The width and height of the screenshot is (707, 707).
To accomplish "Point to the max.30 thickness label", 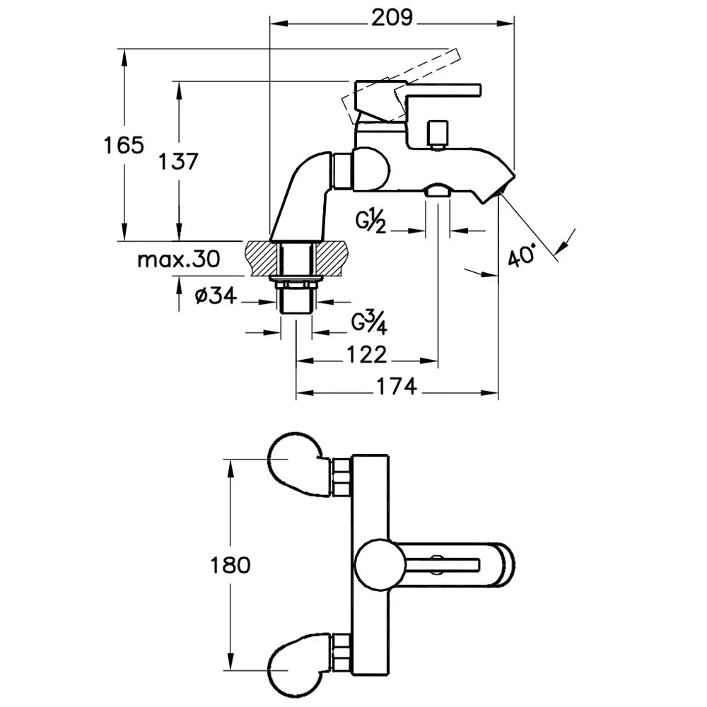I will click(x=178, y=259).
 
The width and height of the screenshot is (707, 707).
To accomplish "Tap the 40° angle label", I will click(x=524, y=254).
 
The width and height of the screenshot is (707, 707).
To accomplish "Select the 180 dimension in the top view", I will click(x=230, y=565).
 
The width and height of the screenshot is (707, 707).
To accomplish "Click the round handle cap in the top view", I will click(x=379, y=565).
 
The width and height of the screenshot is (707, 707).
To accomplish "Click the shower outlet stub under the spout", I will click(x=438, y=190).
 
